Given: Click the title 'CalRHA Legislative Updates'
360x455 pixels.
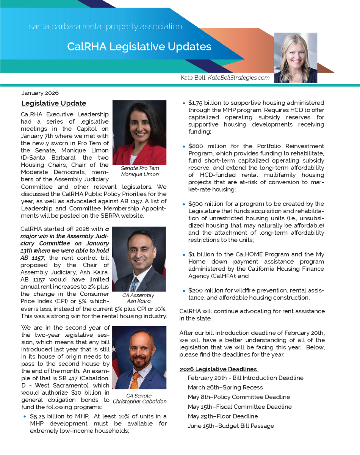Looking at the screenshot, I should point(139,47).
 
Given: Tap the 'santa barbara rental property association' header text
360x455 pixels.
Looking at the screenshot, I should point(105,27).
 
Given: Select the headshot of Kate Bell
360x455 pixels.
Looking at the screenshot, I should point(295,58).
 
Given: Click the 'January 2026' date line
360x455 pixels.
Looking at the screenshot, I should point(40,93).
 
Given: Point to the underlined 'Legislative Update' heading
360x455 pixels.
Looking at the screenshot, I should point(54,103).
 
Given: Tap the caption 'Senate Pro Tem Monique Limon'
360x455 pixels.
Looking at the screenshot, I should point(140,171).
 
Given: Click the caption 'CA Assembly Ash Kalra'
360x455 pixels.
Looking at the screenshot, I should point(138,298).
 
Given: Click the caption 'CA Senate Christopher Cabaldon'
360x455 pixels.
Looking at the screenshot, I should point(139,399).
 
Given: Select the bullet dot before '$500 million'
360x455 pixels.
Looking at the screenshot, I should point(184,204).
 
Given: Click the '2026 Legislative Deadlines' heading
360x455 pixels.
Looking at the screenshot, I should point(218,369).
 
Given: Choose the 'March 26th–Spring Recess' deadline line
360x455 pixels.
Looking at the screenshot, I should point(225,388).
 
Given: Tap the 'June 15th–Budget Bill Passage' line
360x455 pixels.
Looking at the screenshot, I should point(231,426).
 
